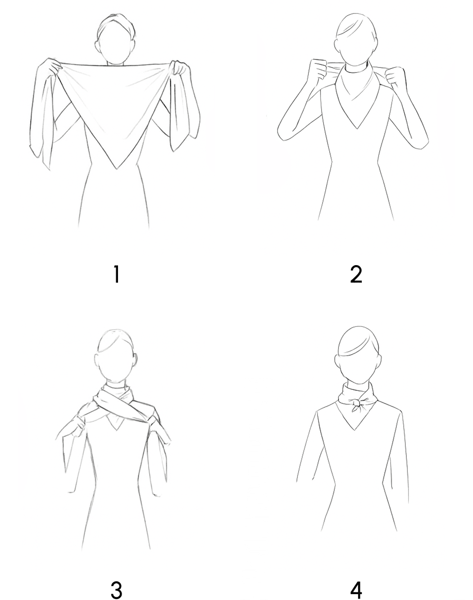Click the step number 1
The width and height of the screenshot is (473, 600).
117,274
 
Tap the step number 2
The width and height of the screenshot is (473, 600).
356,274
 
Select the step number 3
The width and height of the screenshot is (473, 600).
117,589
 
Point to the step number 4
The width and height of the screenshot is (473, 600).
356,589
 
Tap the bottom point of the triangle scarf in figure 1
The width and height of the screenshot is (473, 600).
116,168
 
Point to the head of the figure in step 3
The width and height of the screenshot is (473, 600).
115,355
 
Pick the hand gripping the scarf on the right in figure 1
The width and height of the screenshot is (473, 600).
181,68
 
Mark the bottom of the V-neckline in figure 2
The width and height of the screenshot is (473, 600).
357,128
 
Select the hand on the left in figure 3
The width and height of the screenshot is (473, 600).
78,430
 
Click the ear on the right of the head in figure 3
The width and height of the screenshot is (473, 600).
136,360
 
